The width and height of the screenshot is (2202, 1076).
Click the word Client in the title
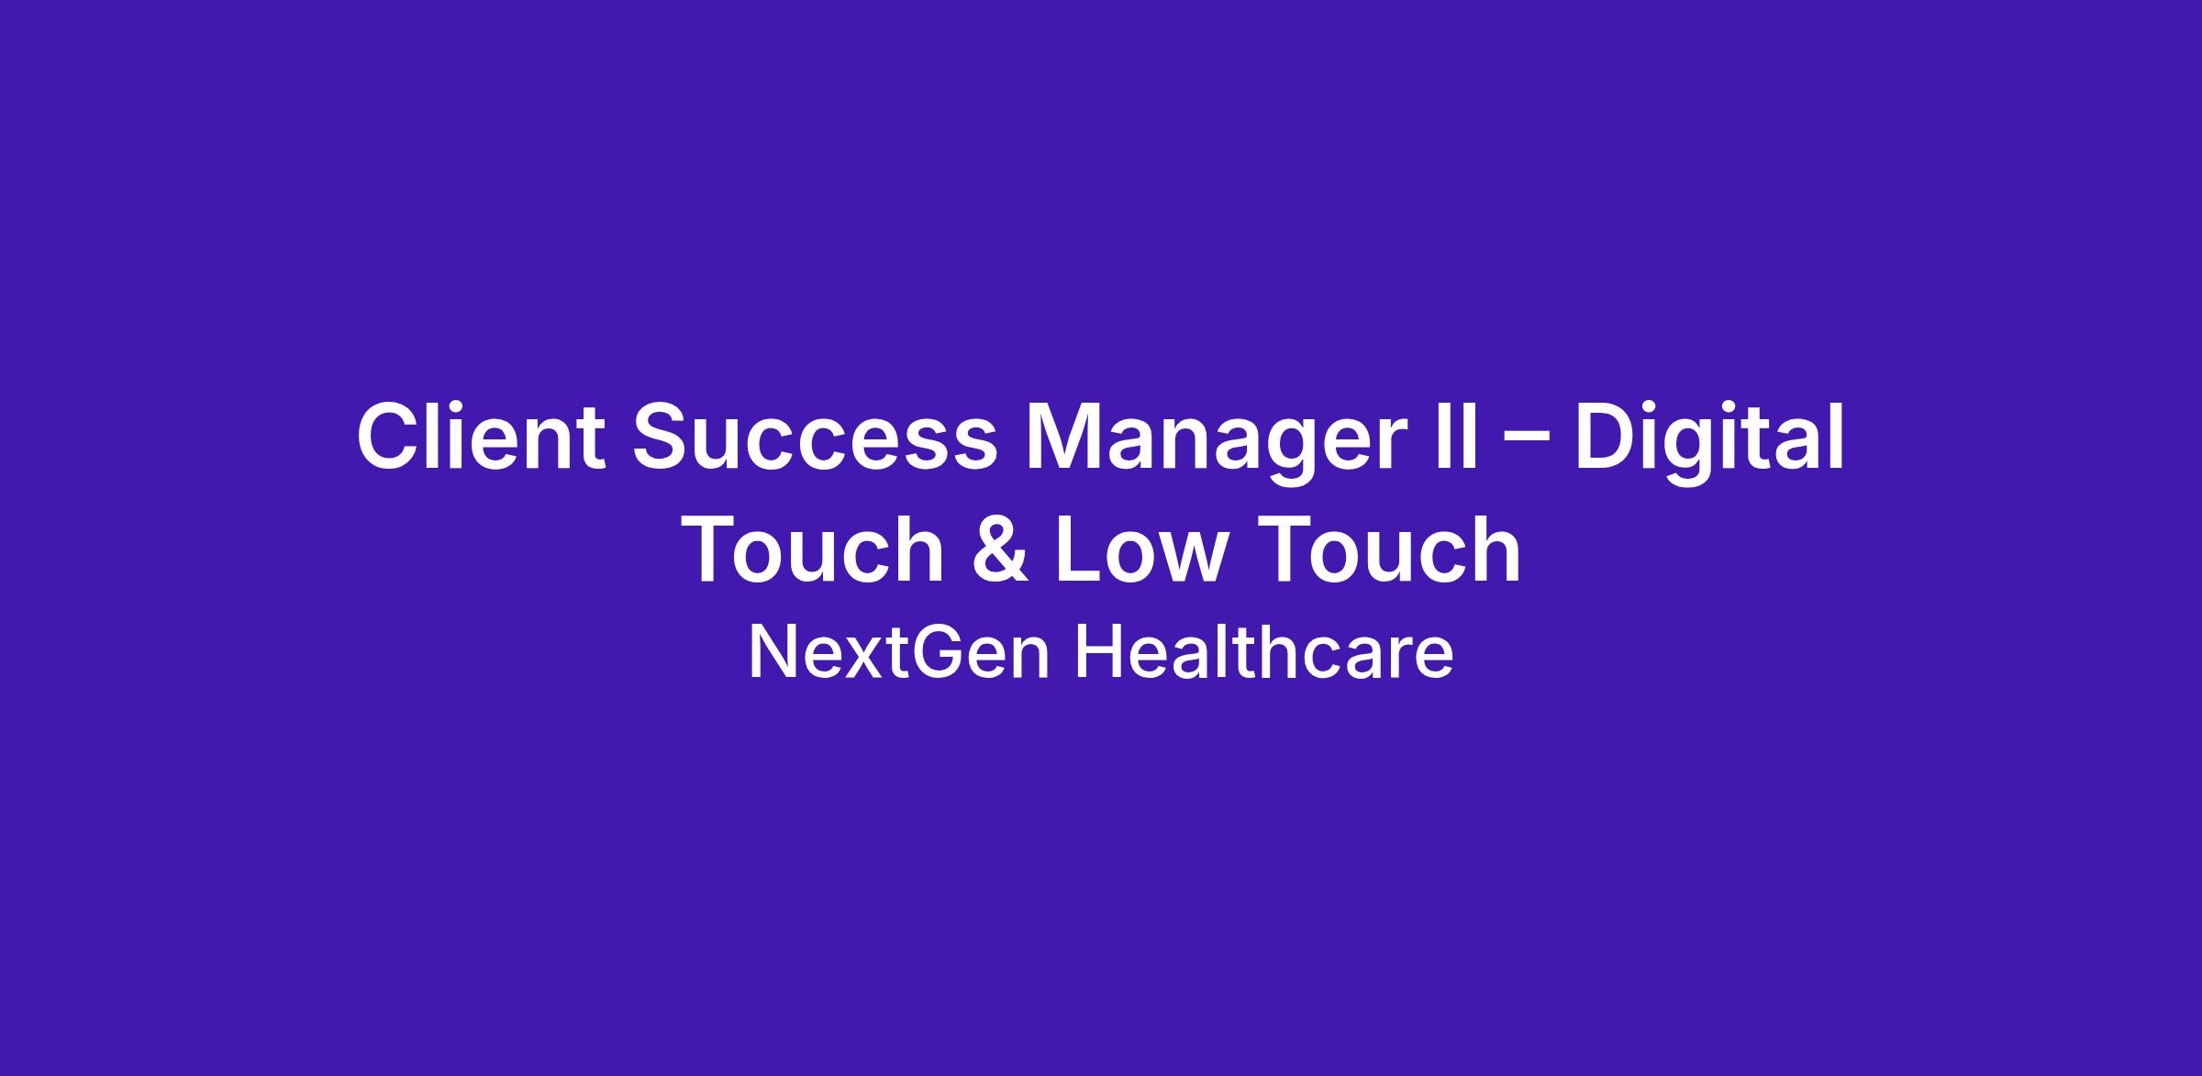481,437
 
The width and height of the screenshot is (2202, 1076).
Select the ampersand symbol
999,549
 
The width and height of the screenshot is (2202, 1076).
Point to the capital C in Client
390,438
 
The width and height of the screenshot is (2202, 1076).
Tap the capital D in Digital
1607,437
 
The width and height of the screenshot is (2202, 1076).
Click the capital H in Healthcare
1097,652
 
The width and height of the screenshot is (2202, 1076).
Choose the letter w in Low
1188,558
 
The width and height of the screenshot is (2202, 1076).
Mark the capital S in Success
663,438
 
